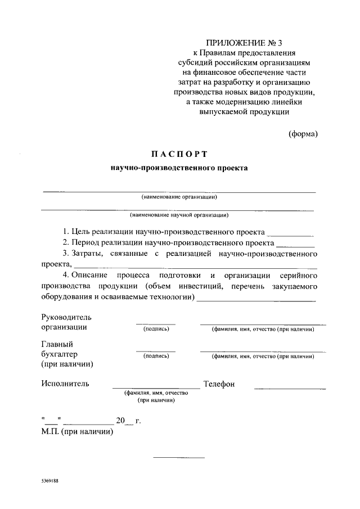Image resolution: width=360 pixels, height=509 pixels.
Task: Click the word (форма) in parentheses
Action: pyautogui.click(x=303, y=134)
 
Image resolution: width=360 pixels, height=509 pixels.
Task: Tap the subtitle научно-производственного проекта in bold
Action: pyautogui.click(x=179, y=168)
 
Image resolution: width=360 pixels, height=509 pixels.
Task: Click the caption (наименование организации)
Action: pyautogui.click(x=179, y=197)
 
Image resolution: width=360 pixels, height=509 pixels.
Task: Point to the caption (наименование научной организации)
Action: pyautogui.click(x=179, y=215)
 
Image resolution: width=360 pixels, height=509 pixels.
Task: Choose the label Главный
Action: pyautogui.click(x=57, y=344)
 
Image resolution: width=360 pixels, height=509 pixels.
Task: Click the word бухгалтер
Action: pyautogui.click(x=59, y=354)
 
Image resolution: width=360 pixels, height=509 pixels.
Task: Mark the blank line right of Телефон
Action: pyautogui.click(x=290, y=388)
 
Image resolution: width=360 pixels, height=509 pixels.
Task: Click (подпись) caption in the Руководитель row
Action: pyautogui.click(x=156, y=329)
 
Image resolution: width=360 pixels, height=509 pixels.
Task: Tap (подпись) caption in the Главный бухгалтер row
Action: pyautogui.click(x=156, y=356)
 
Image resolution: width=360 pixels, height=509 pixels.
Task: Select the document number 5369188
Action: pyautogui.click(x=50, y=482)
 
